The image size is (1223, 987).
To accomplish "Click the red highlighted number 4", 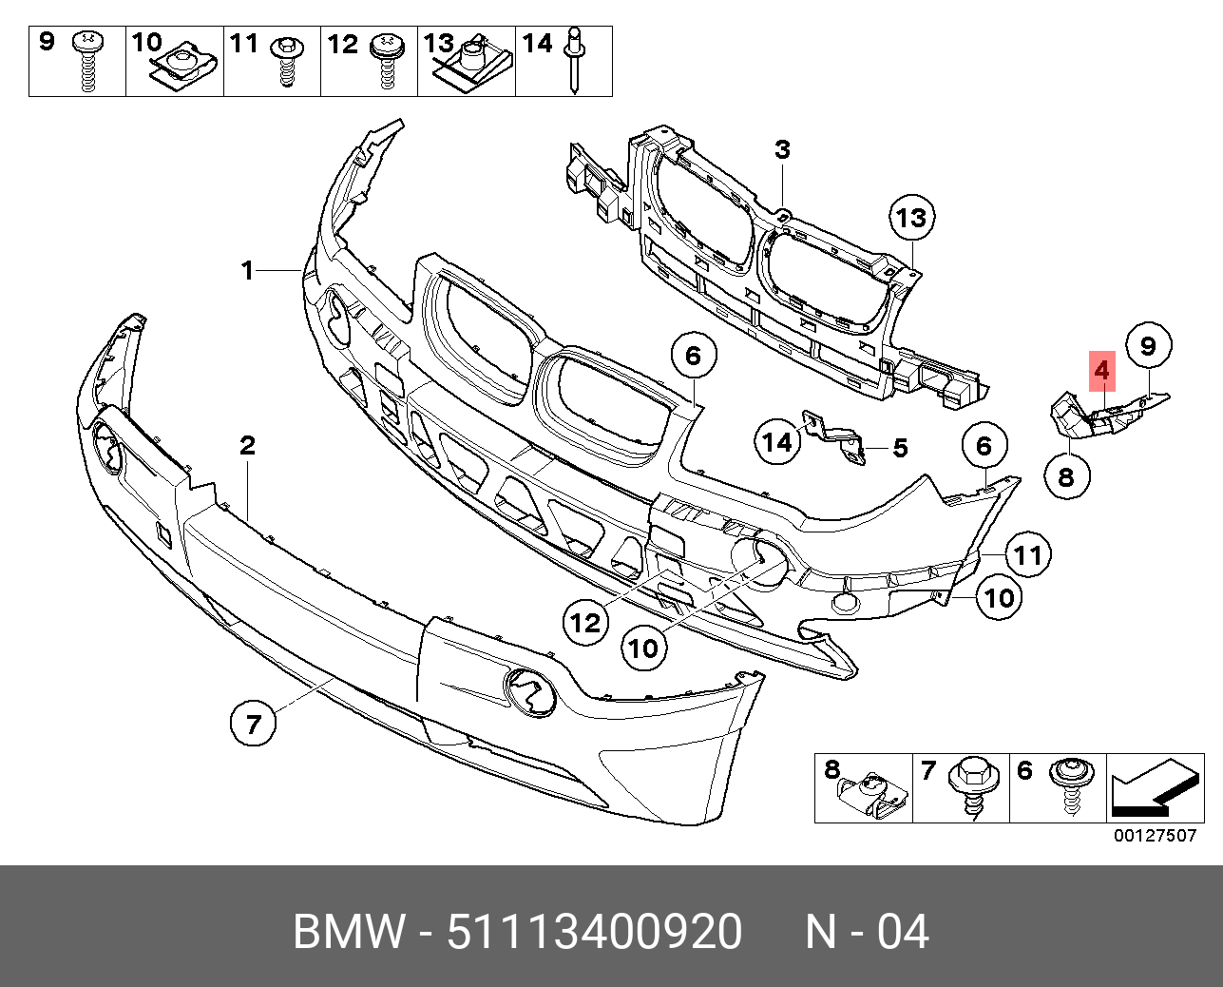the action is [x=1101, y=369].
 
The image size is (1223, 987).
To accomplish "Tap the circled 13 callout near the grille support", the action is [x=910, y=219].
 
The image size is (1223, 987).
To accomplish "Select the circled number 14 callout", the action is [x=777, y=441].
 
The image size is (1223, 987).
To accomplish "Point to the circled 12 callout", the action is [x=585, y=622].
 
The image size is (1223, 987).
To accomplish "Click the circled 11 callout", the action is [x=1026, y=554].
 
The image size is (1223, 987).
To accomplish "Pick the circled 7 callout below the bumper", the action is [x=253, y=726].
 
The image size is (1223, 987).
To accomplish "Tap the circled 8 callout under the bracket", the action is [x=1065, y=475].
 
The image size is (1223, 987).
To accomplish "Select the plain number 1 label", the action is [x=247, y=272].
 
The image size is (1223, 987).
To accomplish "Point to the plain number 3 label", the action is [x=782, y=150].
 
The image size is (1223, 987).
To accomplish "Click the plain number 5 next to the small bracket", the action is [x=900, y=447].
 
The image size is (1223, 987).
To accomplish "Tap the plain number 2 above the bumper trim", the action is [x=247, y=445].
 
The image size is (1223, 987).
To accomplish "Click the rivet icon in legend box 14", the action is [x=575, y=62].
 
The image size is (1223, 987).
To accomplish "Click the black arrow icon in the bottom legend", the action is [x=1152, y=791].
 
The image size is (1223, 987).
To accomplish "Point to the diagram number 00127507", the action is [x=1155, y=836].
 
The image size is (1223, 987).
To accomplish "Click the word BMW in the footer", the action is [x=349, y=932].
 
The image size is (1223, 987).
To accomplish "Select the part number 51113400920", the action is [x=594, y=932].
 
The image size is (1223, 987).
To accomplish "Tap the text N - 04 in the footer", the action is [x=867, y=932].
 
